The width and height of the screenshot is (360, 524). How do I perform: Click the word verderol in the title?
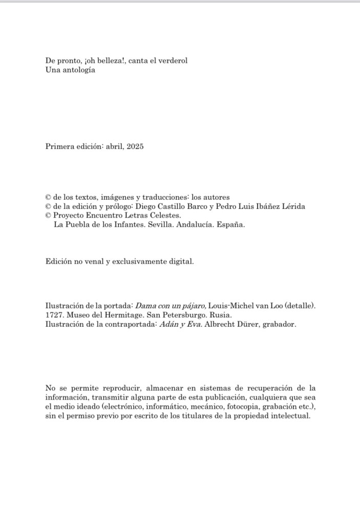click(x=173, y=60)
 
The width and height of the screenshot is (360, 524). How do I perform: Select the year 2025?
click(x=135, y=146)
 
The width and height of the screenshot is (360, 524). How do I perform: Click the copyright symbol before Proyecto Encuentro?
click(x=48, y=216)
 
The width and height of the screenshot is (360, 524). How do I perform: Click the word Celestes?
click(x=165, y=216)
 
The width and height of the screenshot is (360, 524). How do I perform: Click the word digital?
click(x=181, y=261)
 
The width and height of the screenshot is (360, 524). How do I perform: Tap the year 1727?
click(x=54, y=315)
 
